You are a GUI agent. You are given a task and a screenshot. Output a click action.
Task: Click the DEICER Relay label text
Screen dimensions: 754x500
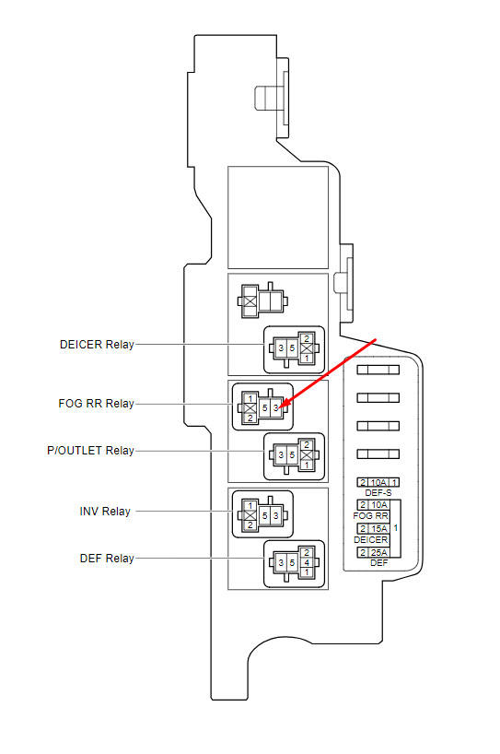[97, 345]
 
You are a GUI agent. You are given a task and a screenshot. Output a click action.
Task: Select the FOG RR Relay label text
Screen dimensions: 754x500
[96, 404]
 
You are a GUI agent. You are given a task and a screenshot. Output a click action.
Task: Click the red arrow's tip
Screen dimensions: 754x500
[279, 408]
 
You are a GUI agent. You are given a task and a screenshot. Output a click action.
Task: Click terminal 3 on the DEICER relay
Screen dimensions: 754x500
[281, 348]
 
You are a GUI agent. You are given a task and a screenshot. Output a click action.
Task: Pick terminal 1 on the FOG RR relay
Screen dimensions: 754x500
[250, 397]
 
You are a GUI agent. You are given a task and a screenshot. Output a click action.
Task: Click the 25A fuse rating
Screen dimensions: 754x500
[378, 551]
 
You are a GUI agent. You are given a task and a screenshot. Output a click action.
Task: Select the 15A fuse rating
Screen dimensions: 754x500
[378, 528]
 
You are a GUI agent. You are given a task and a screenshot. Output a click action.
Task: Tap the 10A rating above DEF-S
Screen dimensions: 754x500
[378, 482]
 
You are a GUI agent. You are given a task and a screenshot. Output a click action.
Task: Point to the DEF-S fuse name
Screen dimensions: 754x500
[378, 492]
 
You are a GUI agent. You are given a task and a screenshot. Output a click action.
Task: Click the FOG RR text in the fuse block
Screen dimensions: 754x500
[371, 516]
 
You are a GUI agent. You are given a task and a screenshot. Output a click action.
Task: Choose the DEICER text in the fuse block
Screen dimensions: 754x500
[371, 539]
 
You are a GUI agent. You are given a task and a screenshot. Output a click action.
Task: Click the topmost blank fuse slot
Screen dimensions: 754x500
[378, 369]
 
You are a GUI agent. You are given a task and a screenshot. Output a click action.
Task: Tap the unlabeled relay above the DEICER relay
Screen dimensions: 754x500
[262, 300]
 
